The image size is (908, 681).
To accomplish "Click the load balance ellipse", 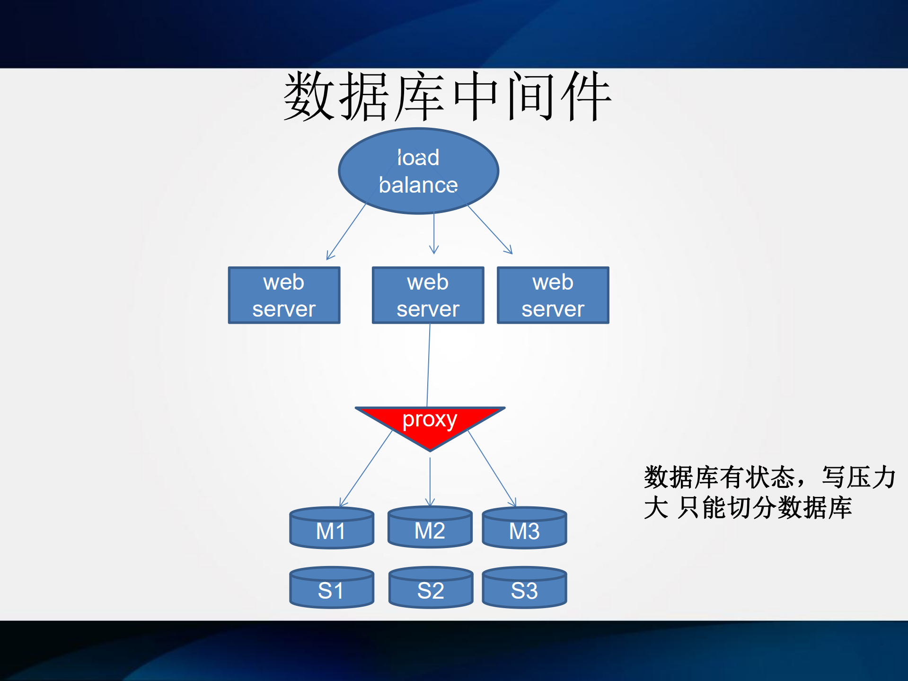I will (x=418, y=171).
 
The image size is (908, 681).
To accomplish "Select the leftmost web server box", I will (x=284, y=295).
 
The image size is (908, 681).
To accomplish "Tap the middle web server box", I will (x=428, y=295).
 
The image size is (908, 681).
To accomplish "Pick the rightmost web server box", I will (x=553, y=295).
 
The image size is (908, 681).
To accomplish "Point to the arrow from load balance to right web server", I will (x=490, y=229).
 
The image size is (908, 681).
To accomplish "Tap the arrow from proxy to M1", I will (x=365, y=469).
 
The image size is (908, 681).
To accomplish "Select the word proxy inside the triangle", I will (x=430, y=419).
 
